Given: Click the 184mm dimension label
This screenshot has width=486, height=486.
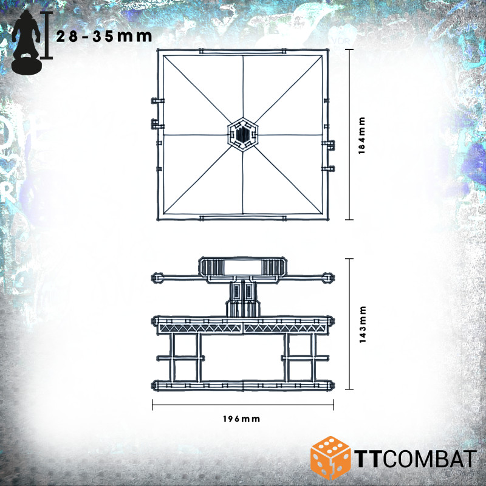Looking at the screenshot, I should click(x=361, y=134).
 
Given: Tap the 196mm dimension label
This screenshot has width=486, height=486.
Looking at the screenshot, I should click(x=242, y=419).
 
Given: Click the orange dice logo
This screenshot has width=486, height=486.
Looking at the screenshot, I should click(x=331, y=456).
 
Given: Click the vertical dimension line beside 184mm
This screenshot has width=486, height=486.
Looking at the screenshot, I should click(x=349, y=134).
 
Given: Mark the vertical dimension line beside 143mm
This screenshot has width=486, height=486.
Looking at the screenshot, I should click(x=349, y=324).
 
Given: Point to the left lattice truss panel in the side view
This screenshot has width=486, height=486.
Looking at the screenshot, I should click(x=200, y=327).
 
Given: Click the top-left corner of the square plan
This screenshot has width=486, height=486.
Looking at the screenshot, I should click(x=159, y=52).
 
